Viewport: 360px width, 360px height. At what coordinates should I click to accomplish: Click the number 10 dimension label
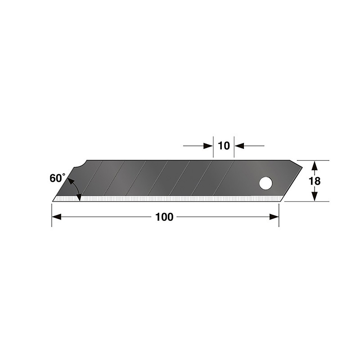(x=224, y=145)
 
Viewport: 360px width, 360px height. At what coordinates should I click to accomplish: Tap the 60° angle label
(x=57, y=178)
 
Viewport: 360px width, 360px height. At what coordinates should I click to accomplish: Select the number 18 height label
(x=315, y=181)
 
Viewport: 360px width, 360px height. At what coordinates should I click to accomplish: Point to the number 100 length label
(x=164, y=217)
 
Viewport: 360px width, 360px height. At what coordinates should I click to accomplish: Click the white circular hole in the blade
(x=265, y=184)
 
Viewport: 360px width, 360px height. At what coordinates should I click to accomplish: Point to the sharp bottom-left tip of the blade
(x=54, y=200)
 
